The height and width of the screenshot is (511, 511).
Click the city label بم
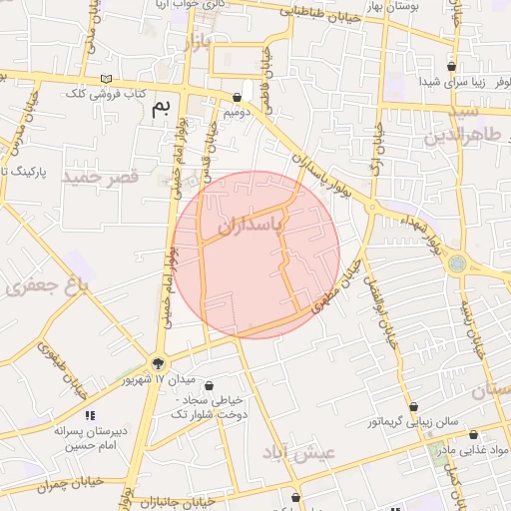161,107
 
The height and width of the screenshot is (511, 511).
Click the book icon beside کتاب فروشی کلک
106,79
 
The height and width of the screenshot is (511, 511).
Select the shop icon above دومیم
237,97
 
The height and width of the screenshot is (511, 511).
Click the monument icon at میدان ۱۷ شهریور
157,364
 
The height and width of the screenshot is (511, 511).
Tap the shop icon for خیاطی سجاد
209,385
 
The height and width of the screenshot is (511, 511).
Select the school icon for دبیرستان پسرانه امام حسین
90,414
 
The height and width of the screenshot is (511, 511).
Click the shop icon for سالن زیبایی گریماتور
413,406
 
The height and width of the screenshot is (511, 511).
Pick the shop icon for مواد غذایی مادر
472,435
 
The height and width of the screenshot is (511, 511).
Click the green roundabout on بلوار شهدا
457,263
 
